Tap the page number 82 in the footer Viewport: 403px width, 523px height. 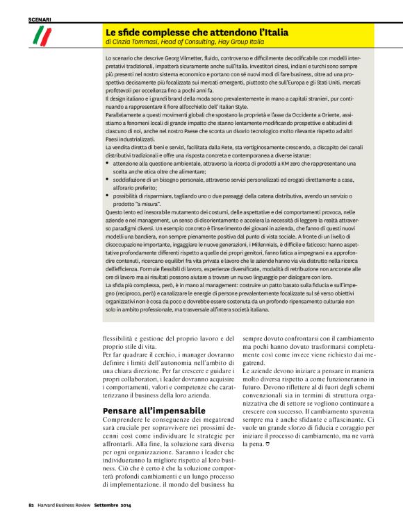31,513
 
